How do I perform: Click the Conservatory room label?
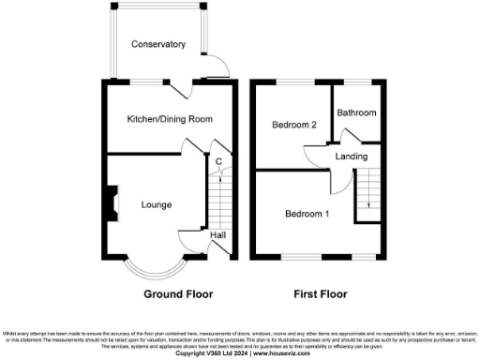coord(157,44)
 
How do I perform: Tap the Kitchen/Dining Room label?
coord(171,119)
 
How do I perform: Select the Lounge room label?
coord(156,204)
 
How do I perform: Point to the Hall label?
coord(217,235)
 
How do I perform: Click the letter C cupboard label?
coord(217,161)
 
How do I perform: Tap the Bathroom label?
coord(357,113)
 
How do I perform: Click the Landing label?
coord(351,157)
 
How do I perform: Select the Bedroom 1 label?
coord(307,215)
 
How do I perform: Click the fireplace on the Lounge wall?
coord(111,202)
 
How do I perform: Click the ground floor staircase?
coord(220,202)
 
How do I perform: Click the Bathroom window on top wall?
coord(357,82)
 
